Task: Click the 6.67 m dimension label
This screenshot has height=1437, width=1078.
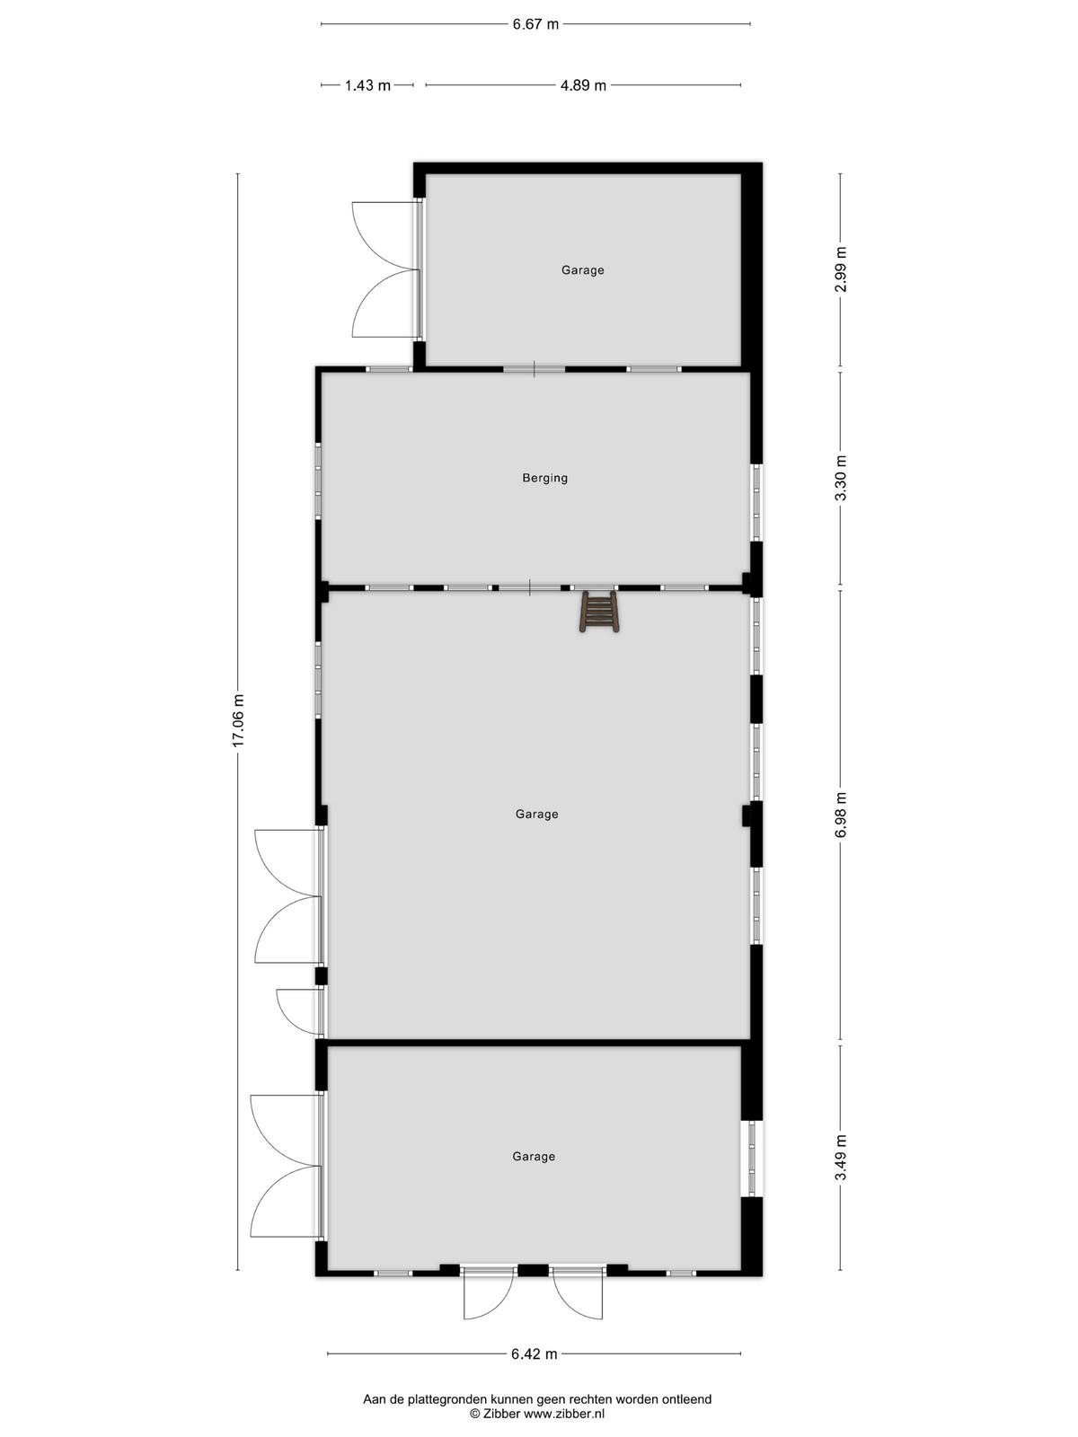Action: coord(535,24)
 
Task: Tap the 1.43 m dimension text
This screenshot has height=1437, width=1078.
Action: coord(367,85)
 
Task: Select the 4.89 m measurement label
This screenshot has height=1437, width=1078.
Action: coord(583,85)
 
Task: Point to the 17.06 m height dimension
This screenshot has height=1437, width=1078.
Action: coord(237,720)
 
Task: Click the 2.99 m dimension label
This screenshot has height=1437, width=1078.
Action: coord(841,269)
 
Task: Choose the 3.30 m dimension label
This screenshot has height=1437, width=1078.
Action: coord(841,477)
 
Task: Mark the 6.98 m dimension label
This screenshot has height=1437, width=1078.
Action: coord(841,815)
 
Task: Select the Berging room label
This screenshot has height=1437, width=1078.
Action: coord(544,478)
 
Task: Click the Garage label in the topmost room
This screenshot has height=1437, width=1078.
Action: coord(582,269)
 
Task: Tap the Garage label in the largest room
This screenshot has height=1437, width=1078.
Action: coord(536,814)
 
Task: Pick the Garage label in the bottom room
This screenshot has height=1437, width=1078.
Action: coord(534,1156)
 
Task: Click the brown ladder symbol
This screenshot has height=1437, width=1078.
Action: coord(598,612)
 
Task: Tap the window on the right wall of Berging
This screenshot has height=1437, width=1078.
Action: coord(756,503)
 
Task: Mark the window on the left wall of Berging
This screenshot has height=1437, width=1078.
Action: coord(318,481)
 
